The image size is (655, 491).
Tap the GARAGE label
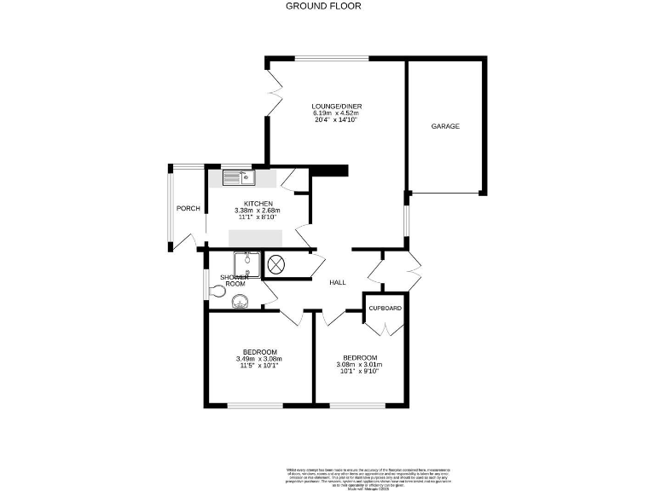(x=444, y=126)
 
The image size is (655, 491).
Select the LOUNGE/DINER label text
(x=336, y=106)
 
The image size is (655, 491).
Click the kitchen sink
(x=240, y=177)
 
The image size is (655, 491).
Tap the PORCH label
(x=188, y=209)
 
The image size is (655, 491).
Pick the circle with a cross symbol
(x=277, y=265)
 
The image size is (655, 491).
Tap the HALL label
(x=338, y=282)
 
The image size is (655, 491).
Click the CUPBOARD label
(x=385, y=308)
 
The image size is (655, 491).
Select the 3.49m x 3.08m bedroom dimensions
(x=258, y=359)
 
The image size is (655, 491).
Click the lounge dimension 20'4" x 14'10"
(x=335, y=120)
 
